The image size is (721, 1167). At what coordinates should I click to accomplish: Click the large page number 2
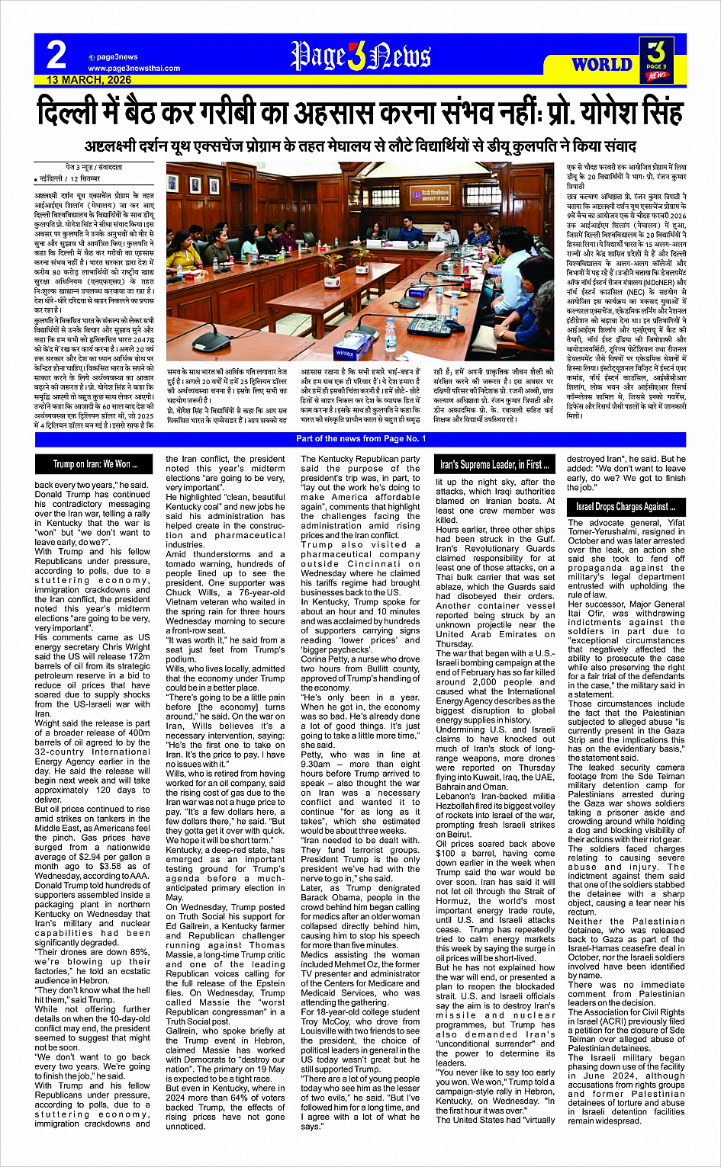click(x=56, y=56)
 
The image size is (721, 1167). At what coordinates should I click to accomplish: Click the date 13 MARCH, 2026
click(x=89, y=79)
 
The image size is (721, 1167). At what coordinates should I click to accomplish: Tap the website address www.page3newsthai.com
click(x=134, y=69)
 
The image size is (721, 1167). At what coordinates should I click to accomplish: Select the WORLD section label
click(x=602, y=64)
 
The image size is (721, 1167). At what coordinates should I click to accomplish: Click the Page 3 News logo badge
click(x=657, y=60)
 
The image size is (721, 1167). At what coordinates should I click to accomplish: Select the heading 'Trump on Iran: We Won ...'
click(x=95, y=463)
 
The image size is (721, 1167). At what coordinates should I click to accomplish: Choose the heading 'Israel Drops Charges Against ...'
click(x=626, y=506)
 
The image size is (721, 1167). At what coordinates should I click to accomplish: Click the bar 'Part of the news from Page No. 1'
click(x=361, y=438)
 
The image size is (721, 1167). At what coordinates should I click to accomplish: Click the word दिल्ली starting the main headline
click(x=68, y=113)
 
